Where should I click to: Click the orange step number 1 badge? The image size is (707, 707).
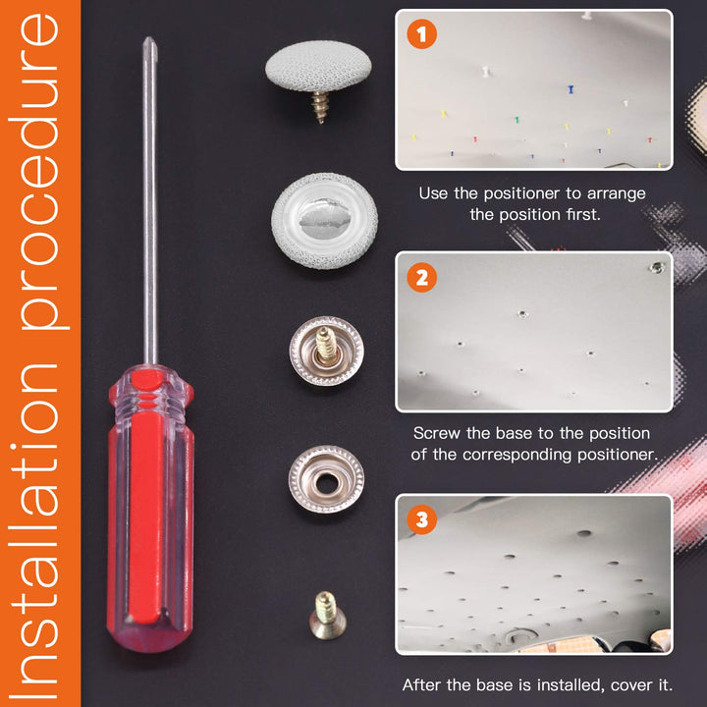(421, 33)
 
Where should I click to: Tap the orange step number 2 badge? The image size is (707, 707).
(421, 277)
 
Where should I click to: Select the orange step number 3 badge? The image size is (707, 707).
(421, 519)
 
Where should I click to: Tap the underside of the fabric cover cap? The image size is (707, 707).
(325, 221)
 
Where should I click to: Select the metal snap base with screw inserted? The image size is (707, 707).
(326, 351)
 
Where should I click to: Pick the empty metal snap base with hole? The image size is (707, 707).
(326, 480)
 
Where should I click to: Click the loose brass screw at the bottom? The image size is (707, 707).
(327, 615)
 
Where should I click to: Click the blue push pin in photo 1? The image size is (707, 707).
(571, 88)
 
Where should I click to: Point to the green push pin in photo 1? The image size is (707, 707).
(517, 120)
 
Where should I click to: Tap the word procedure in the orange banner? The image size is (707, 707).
(39, 171)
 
